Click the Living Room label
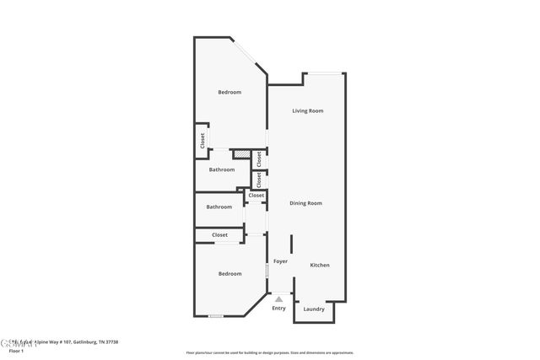point(308,110)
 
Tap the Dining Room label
point(305,203)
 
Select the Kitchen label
point(320,265)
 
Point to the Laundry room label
point(314,309)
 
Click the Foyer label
point(280,261)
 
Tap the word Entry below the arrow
point(278,308)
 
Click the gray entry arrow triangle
point(278,298)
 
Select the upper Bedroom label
point(229,92)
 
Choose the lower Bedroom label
point(229,273)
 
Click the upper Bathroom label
point(222,169)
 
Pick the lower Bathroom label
point(219,207)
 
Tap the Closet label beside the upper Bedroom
point(202,141)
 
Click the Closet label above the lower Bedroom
point(220,235)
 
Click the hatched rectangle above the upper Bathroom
point(242,154)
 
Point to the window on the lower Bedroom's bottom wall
point(216,316)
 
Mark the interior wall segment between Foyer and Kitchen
point(291,244)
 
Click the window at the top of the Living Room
point(324,73)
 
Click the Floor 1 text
point(9,349)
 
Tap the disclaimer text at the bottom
point(269,352)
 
